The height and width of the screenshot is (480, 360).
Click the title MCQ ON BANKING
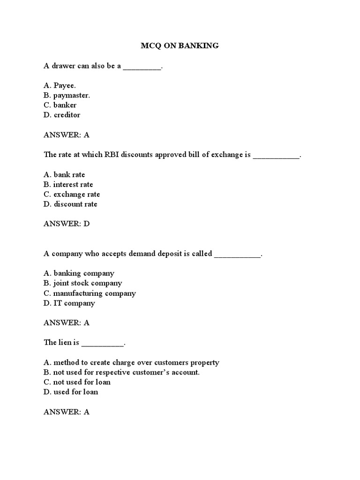coord(180,46)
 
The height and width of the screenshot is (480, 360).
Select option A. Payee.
coord(60,85)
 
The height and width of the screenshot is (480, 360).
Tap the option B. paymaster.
coord(67,95)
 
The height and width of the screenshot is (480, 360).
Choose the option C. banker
coord(60,105)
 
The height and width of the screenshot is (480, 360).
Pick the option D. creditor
coord(62,115)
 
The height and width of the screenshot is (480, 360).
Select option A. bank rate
coord(64,174)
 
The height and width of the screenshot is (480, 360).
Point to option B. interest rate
coord(68,184)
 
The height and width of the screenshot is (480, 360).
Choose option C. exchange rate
coord(72,194)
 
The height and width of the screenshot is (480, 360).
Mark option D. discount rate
coord(70,204)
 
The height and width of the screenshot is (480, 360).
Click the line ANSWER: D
coord(67,224)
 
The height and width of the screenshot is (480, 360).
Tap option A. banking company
coord(79,273)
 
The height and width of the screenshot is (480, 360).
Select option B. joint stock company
coord(83,283)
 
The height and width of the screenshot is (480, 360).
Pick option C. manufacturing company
coord(90,293)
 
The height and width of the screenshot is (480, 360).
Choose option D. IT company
coord(69,303)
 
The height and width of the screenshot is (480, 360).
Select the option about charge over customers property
coord(131,362)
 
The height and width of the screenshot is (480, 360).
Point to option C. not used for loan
coord(77,382)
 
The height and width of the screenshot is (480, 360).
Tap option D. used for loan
coord(71,392)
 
